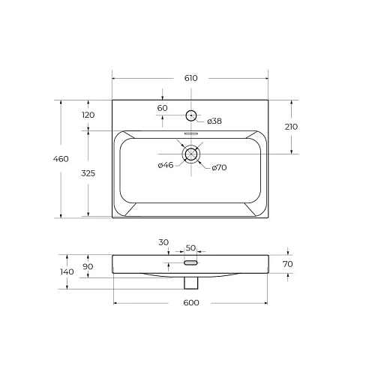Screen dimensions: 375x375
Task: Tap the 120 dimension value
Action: [x=88, y=115]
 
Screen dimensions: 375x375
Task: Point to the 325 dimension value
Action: [x=88, y=173]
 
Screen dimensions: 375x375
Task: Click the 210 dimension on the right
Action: [x=291, y=127]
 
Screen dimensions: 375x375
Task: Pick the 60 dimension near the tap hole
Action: [x=163, y=108]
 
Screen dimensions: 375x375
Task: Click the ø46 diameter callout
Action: [x=165, y=165]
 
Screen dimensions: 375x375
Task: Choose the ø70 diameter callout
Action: [x=218, y=167]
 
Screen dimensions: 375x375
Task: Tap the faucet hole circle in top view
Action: [x=190, y=115]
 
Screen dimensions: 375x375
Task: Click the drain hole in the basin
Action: [x=190, y=154]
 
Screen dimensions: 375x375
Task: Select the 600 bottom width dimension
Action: [x=190, y=302]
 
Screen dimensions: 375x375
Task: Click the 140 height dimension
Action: [x=67, y=271]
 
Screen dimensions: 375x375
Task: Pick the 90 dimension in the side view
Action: [x=88, y=266]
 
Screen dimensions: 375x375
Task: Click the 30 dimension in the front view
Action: [x=163, y=242]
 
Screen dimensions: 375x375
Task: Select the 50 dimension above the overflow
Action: [x=190, y=247]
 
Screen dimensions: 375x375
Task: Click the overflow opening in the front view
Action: [x=190, y=263]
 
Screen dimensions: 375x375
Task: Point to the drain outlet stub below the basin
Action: [x=190, y=283]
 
